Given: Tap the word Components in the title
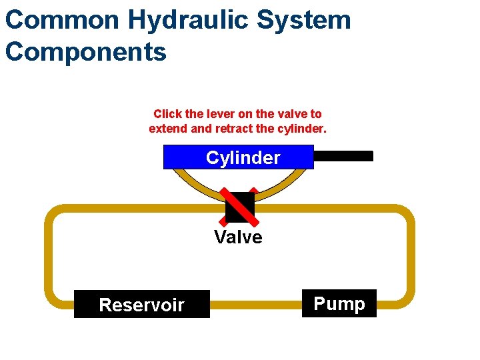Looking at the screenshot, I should (x=85, y=51).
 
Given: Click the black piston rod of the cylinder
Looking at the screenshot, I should (x=343, y=156).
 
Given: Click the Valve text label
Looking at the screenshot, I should (x=238, y=237).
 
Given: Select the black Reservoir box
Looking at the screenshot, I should (x=141, y=305).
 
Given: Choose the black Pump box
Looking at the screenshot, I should (x=339, y=304).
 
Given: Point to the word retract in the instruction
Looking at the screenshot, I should (x=251, y=128).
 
